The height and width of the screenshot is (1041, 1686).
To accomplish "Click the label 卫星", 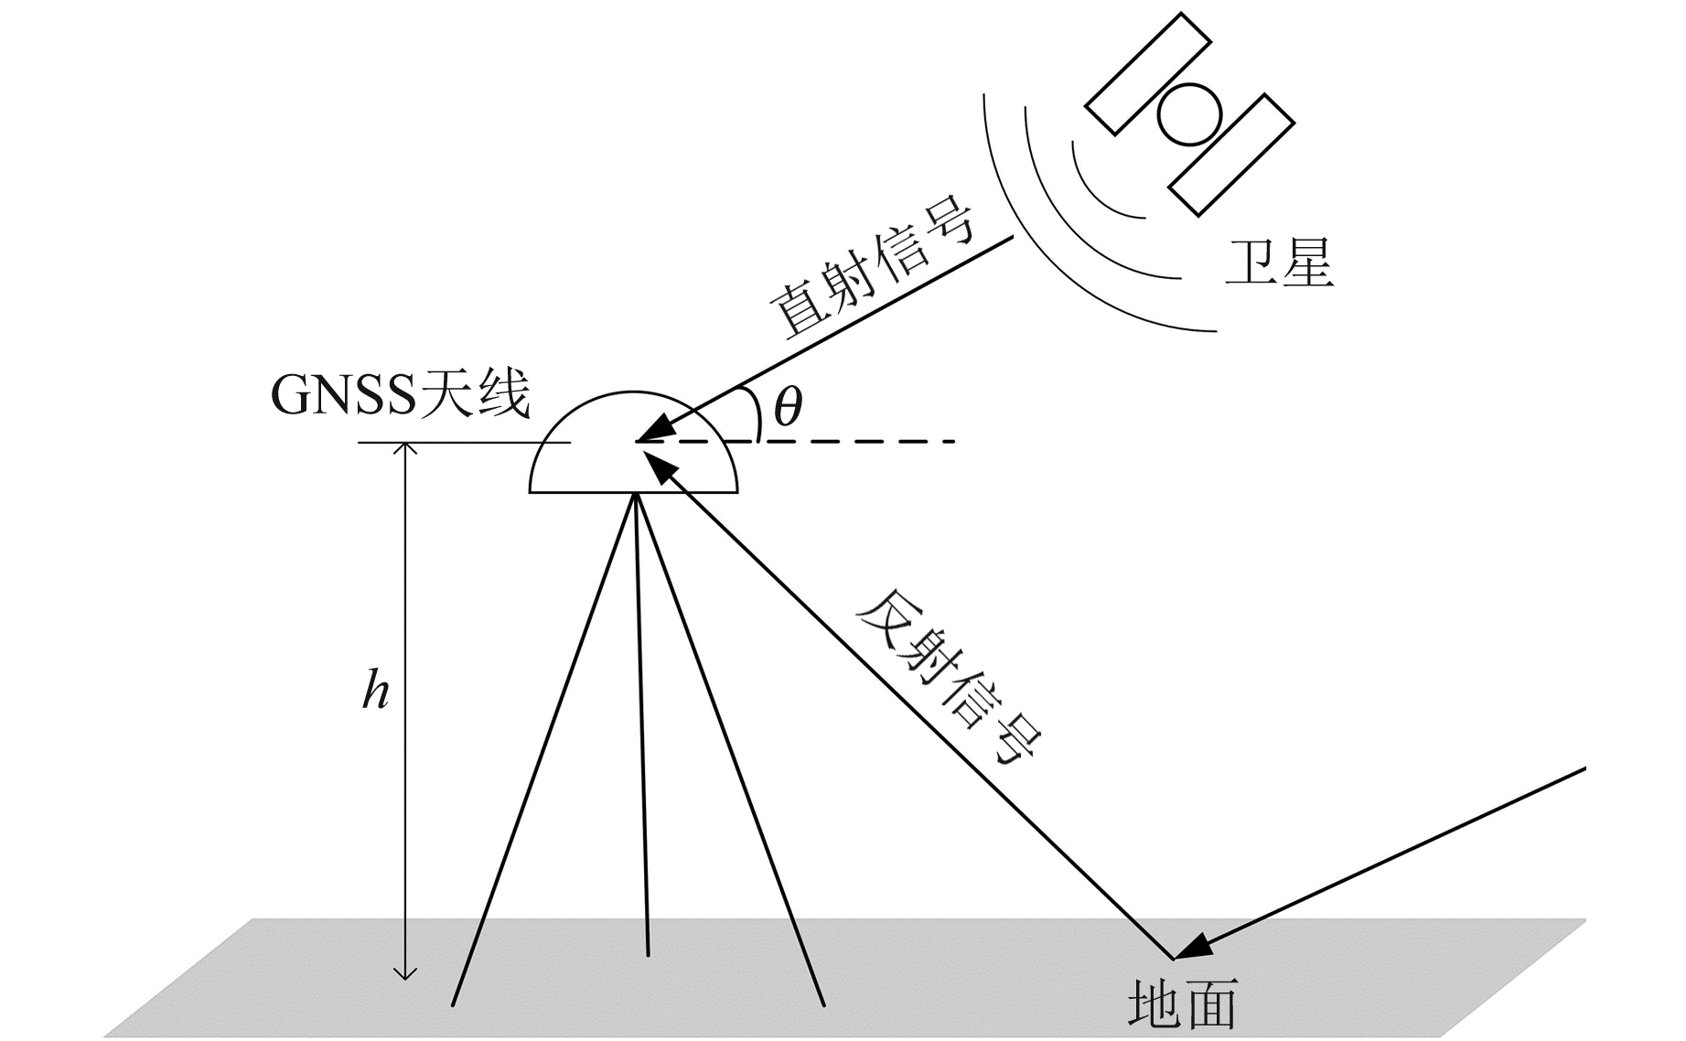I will (1279, 265).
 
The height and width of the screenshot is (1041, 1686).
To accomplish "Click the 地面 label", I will (1182, 1004).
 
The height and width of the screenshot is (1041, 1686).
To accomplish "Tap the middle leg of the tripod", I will (641, 732).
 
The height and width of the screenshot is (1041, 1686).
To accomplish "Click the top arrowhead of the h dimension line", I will (404, 449).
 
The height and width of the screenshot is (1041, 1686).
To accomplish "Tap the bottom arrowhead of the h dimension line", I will (404, 971).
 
